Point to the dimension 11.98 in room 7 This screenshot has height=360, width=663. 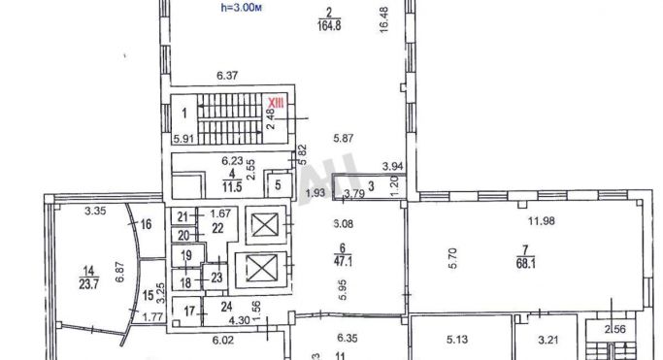tap(540, 220)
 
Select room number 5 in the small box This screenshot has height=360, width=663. tap(277, 184)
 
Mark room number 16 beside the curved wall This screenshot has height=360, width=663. tap(146, 224)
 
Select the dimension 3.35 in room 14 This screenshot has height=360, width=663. tap(94, 211)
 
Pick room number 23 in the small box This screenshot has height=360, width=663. tap(216, 278)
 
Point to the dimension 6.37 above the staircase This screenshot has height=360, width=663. tap(227, 74)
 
